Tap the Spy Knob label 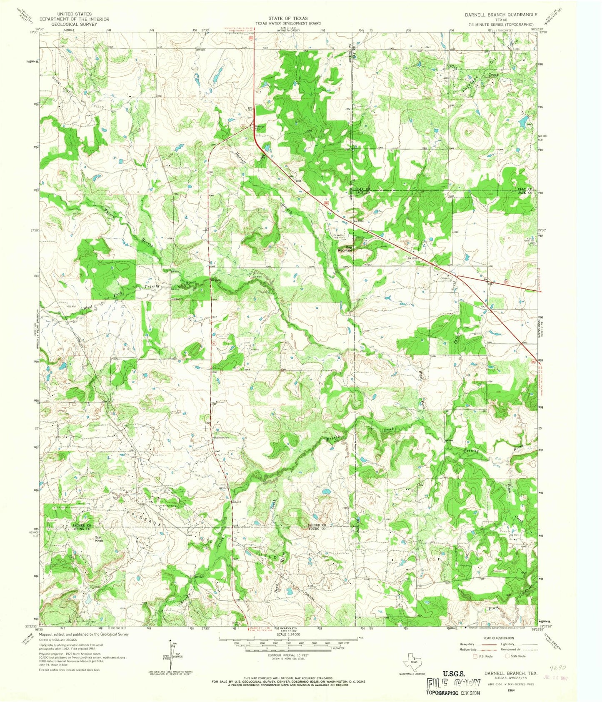(99, 539)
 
